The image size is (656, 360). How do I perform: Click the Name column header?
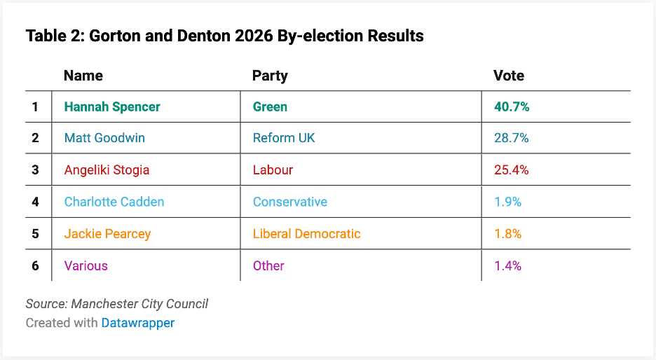pyautogui.click(x=83, y=76)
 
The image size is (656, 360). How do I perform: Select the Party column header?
pyautogui.click(x=270, y=76)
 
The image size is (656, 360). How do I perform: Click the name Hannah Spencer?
pyautogui.click(x=112, y=106)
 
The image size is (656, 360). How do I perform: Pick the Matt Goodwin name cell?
pyautogui.click(x=104, y=138)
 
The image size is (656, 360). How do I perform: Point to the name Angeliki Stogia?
pyautogui.click(x=107, y=169)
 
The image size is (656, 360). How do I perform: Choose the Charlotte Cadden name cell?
pyautogui.click(x=114, y=202)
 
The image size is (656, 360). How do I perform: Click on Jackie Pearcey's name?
pyautogui.click(x=107, y=234)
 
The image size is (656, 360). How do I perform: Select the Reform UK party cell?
pyautogui.click(x=284, y=138)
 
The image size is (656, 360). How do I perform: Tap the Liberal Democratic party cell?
pyautogui.click(x=306, y=234)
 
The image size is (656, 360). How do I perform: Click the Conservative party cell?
pyautogui.click(x=289, y=202)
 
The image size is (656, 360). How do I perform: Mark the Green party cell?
pyautogui.click(x=270, y=106)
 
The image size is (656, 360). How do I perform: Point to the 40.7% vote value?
pyautogui.click(x=511, y=106)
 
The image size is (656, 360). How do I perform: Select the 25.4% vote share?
pyautogui.click(x=511, y=169)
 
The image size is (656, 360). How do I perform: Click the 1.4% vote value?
pyautogui.click(x=507, y=265)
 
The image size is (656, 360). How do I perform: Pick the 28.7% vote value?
pyautogui.click(x=511, y=138)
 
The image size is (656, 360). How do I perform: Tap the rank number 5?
pyautogui.click(x=35, y=234)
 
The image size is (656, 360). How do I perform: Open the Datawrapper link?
pyautogui.click(x=137, y=323)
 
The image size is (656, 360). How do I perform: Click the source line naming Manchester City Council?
pyautogui.click(x=117, y=304)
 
